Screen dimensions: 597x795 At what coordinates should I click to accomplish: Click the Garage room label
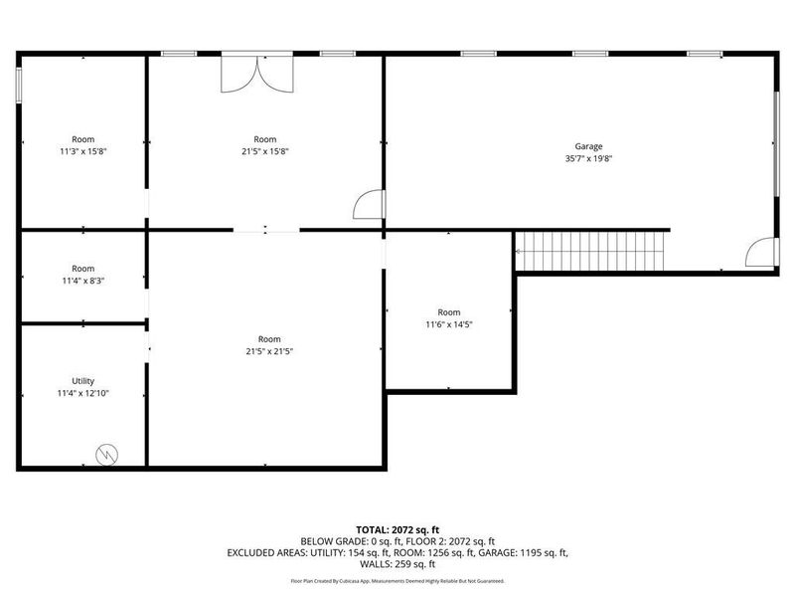[x=588, y=146]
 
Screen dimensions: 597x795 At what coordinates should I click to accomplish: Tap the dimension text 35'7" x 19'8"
[x=588, y=158]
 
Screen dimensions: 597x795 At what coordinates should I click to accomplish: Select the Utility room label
[x=82, y=381]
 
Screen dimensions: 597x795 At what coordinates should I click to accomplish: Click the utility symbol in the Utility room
[x=105, y=453]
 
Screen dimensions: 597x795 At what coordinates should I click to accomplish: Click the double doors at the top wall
[x=258, y=72]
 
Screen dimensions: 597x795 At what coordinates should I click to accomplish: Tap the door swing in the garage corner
[x=762, y=253]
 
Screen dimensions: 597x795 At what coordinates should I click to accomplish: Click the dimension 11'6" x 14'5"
[x=449, y=323]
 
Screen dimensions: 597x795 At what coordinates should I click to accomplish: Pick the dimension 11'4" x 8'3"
[x=82, y=281]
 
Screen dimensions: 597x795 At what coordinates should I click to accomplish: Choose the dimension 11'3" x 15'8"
[x=82, y=151]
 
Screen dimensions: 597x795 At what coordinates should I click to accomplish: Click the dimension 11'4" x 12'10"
[x=82, y=393]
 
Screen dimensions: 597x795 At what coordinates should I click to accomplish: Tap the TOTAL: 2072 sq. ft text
[x=397, y=528]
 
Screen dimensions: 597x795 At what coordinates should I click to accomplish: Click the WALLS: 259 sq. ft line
[x=397, y=563]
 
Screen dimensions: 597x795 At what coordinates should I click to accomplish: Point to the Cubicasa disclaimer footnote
[x=397, y=580]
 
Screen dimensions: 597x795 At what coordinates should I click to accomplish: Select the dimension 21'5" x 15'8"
[x=264, y=151]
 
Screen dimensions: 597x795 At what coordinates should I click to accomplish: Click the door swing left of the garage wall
[x=369, y=204]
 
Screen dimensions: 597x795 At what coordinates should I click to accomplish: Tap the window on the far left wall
[x=19, y=84]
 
